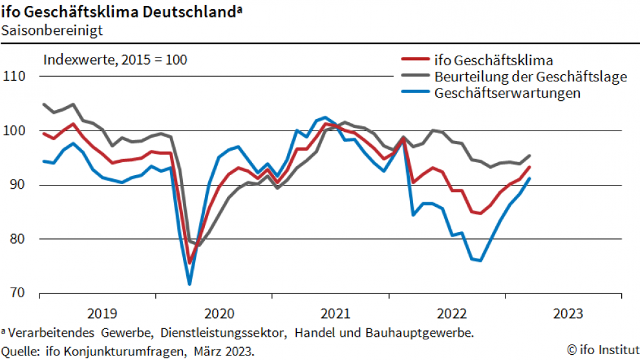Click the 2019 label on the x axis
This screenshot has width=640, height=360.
point(102,314)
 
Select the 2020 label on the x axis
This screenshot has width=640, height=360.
point(219,314)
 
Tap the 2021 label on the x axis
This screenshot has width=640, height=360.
point(335,314)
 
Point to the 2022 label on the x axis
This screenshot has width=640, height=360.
point(451,314)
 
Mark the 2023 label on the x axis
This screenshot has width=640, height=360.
point(568,314)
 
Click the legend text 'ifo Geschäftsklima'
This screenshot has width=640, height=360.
point(494,61)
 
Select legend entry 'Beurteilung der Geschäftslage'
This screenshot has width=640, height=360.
point(531,77)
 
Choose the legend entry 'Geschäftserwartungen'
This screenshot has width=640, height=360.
point(507,93)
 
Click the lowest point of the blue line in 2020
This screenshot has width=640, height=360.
point(189,284)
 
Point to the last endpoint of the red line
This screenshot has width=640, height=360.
point(530,167)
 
